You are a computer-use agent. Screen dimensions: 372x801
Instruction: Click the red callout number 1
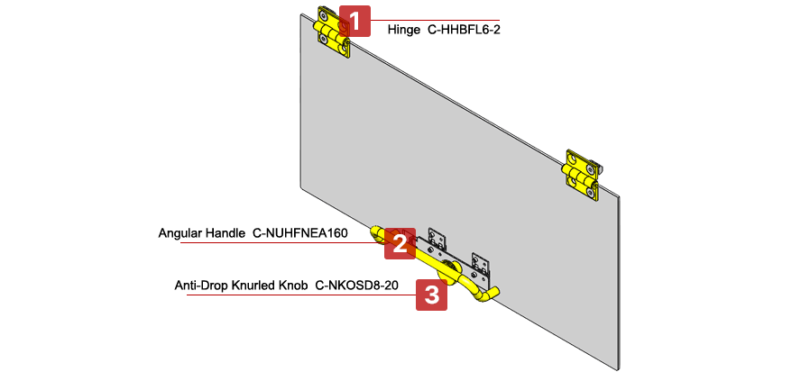[x=355, y=21]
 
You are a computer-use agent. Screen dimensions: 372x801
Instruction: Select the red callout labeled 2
[x=400, y=243]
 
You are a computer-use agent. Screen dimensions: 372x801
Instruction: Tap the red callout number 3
[x=431, y=295]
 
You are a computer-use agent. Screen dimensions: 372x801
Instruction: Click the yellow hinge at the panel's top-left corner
[x=331, y=32]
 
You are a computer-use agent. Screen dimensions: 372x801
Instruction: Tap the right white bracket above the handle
[x=481, y=263]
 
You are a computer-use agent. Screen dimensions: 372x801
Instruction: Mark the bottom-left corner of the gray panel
[x=300, y=185]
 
